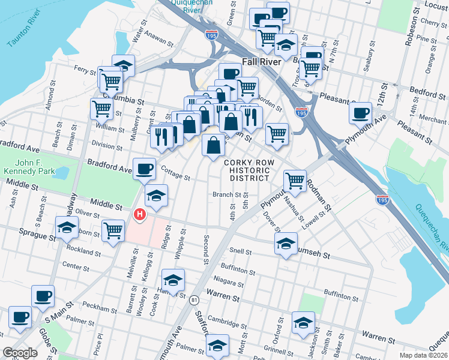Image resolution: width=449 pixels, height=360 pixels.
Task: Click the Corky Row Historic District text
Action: (249, 170)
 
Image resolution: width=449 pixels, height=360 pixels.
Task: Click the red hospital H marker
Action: (140, 214)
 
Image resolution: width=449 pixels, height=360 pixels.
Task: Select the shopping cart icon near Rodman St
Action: (295, 179)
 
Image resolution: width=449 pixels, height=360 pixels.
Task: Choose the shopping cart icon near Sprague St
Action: (113, 230)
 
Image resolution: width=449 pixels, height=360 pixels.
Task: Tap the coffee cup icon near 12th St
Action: (360, 112)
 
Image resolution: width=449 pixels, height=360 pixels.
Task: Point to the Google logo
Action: (20, 353)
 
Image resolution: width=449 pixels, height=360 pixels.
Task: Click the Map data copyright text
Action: (423, 355)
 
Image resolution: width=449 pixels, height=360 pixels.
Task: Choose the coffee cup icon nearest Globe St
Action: (19, 317)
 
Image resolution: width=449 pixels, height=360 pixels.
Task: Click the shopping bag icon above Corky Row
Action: (213, 145)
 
